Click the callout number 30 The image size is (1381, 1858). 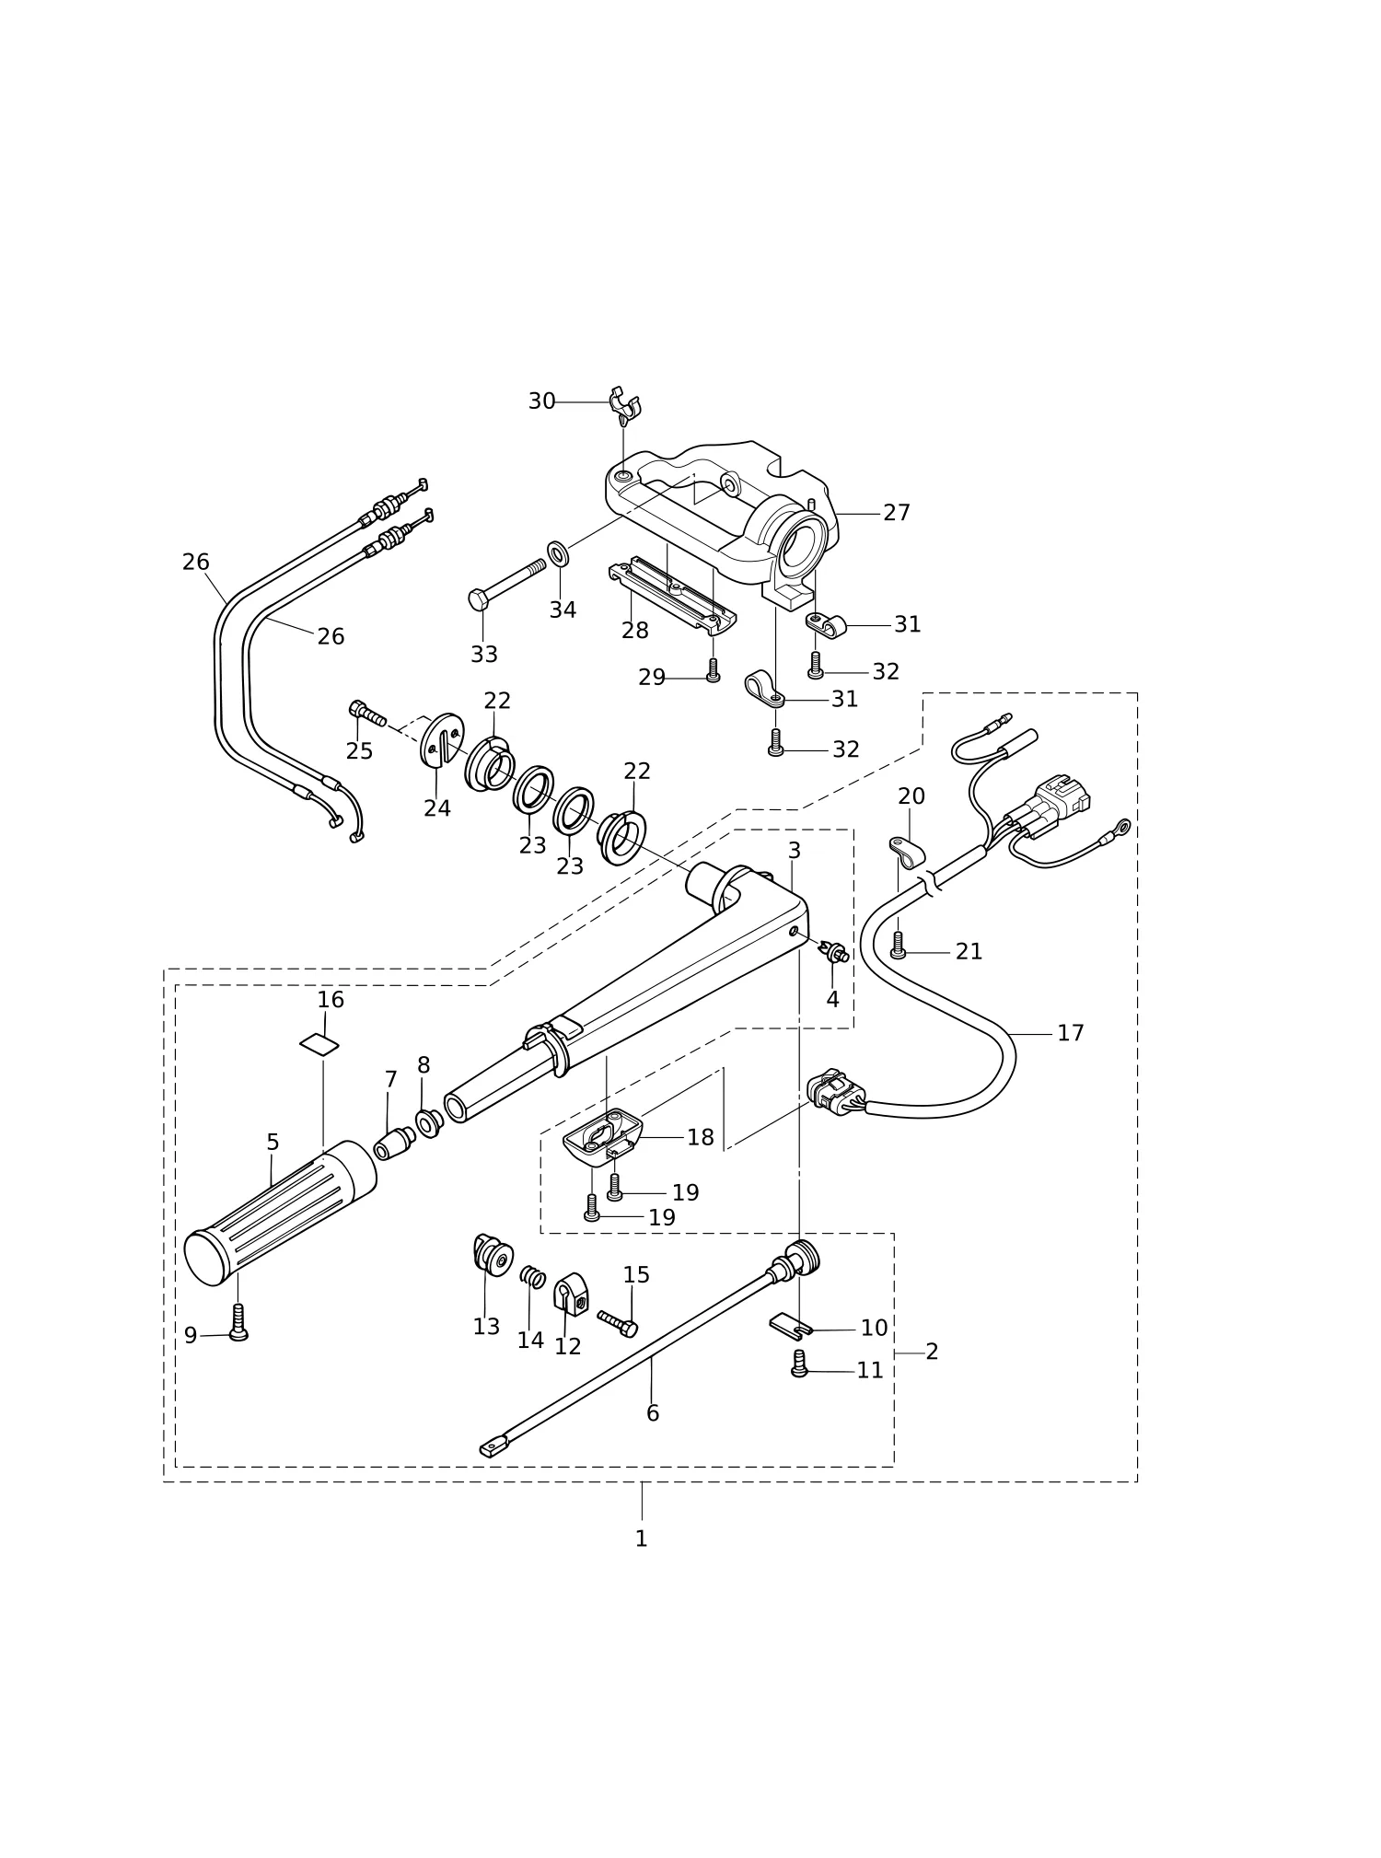(541, 401)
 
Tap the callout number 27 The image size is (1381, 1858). (896, 513)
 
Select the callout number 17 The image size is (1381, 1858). (1070, 1033)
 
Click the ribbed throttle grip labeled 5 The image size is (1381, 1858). (280, 1213)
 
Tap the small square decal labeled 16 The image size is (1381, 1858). (319, 1043)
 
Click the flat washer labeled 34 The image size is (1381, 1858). (558, 553)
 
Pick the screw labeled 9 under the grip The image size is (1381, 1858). (238, 1322)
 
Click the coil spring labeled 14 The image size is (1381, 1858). (533, 1277)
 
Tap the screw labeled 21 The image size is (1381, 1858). (899, 945)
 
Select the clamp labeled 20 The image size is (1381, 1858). (907, 852)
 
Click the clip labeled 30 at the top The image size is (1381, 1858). (624, 405)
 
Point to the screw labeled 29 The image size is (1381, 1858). (713, 670)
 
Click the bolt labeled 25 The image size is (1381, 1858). (367, 713)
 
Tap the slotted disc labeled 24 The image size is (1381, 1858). (442, 738)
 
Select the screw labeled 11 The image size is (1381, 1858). (799, 1364)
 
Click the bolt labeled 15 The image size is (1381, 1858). (617, 1324)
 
